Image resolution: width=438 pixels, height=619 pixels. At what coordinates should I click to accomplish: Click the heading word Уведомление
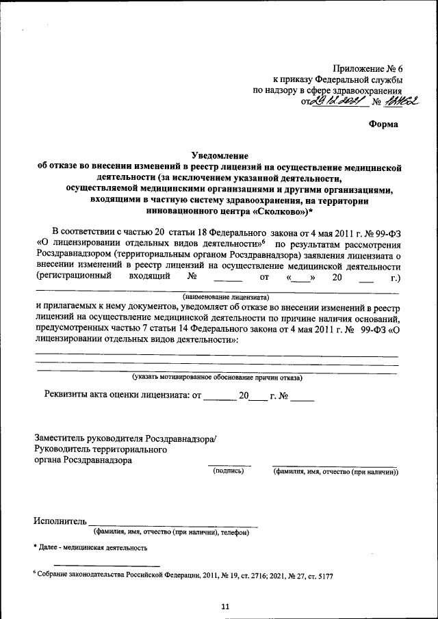click(219, 155)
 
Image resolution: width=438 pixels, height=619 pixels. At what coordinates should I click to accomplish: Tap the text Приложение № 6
click(368, 68)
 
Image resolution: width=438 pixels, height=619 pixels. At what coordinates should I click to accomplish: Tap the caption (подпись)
click(228, 471)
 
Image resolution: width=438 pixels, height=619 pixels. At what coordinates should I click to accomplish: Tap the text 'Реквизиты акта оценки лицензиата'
click(117, 395)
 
